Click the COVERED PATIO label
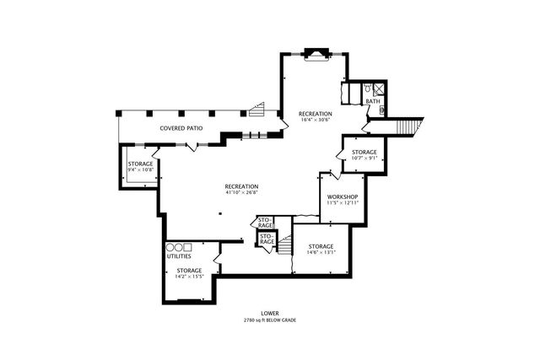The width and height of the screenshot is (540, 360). [x=181, y=128]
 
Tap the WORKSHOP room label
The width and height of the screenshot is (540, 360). [x=343, y=196]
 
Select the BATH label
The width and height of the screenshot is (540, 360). [x=372, y=102]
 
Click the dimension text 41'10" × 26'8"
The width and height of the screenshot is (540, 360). [x=241, y=192]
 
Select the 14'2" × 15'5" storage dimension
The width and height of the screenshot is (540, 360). [x=189, y=277]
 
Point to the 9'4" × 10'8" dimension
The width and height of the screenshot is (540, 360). [x=140, y=169]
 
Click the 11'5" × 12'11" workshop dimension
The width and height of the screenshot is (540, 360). [x=343, y=203]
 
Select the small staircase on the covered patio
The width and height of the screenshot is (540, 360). [x=256, y=109]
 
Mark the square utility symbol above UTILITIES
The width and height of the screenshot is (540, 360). [x=188, y=247]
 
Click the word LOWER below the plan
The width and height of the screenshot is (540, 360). [x=269, y=314]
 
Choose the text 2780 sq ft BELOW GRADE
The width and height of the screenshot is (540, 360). [x=269, y=320]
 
